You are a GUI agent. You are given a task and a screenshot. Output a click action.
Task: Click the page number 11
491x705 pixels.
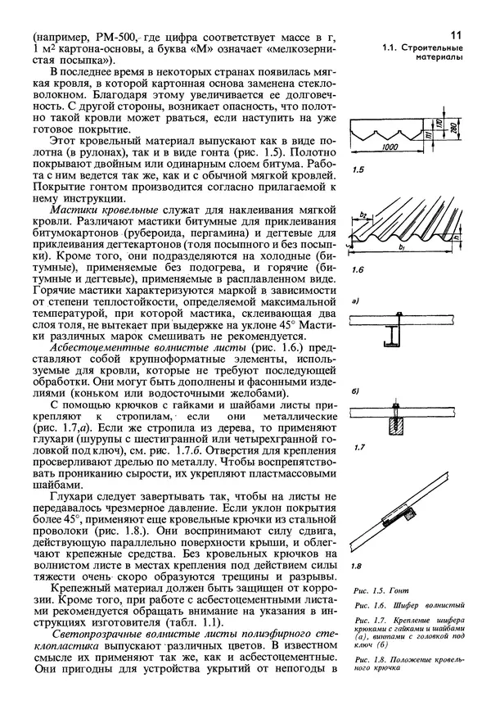point(455,34)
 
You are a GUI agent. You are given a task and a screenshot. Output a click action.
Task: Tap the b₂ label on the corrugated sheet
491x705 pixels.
point(364,217)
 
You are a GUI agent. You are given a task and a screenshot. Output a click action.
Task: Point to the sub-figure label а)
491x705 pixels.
point(354,302)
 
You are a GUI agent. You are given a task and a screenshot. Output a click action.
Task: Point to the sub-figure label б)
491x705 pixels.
point(355,391)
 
